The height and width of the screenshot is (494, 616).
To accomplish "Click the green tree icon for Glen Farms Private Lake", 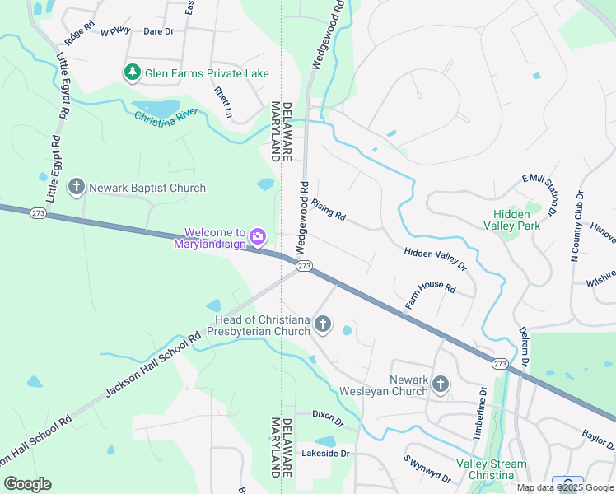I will click(132, 73).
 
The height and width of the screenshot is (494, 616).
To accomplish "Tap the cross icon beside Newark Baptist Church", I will click(77, 188).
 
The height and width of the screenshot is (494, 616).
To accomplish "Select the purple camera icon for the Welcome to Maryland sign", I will click(257, 238).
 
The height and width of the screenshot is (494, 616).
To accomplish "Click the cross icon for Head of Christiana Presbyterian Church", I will click(323, 325).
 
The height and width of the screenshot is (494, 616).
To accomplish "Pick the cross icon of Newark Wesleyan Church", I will click(441, 384).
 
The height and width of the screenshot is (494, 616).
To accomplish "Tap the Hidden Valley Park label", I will click(511, 219).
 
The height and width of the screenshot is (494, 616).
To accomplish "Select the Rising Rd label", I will click(329, 212).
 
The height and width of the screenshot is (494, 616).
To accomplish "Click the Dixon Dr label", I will click(327, 417).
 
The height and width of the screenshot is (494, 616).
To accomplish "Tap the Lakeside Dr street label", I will click(326, 453).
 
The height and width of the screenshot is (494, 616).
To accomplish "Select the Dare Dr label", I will click(158, 31).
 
